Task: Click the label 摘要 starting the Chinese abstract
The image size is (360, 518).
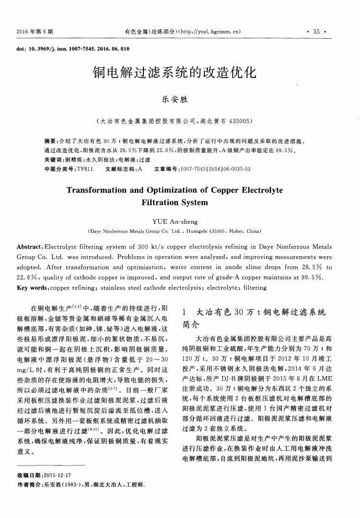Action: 51,140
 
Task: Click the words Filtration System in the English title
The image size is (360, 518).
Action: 175,202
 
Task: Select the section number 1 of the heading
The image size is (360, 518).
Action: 184,312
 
